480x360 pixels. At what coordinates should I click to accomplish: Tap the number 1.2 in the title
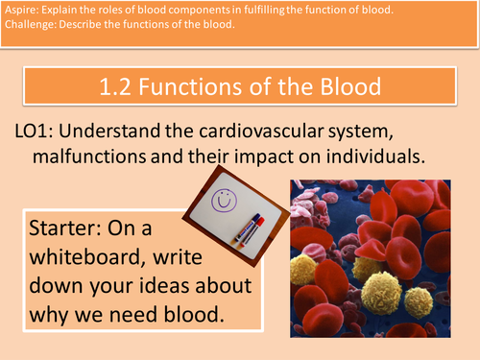(118, 87)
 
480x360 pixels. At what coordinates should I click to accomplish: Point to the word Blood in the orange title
(343, 87)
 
